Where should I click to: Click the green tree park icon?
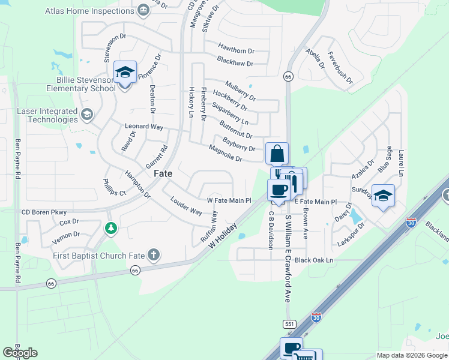pos(110,228)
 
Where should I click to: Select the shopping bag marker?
pos(277,154)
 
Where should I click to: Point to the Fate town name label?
pos(163,173)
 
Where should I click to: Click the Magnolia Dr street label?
pos(225,154)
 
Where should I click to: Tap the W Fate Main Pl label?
pos(229,200)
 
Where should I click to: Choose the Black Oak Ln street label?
pos(313,260)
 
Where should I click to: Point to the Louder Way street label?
pos(187,205)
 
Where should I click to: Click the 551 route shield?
pos(290,323)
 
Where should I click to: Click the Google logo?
pos(20,353)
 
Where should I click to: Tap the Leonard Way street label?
pos(144,127)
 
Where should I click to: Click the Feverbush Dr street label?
pos(340,67)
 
